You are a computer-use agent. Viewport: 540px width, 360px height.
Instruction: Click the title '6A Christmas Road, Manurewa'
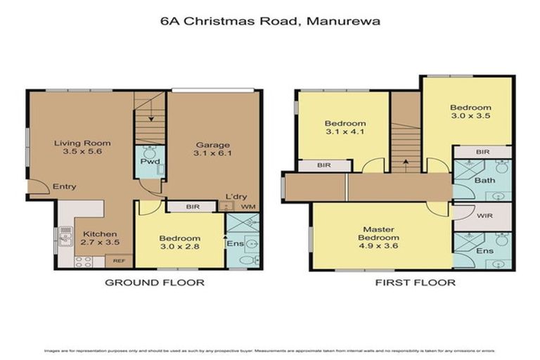tap(270, 21)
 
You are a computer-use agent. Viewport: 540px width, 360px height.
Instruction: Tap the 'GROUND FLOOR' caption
tap(155, 283)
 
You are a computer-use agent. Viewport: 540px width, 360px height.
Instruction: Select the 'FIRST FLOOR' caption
tap(416, 283)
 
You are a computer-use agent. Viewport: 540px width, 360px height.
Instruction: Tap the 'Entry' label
tap(64, 186)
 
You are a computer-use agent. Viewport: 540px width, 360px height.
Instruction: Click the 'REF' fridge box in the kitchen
tap(119, 261)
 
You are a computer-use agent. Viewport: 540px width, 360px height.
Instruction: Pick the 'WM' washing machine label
tap(247, 207)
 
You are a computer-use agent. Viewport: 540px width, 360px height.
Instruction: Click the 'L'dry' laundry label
tap(234, 197)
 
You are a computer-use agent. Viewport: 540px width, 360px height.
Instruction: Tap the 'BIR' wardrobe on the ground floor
tap(192, 207)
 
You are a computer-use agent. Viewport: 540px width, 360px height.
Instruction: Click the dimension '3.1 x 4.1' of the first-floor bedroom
tap(345, 131)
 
